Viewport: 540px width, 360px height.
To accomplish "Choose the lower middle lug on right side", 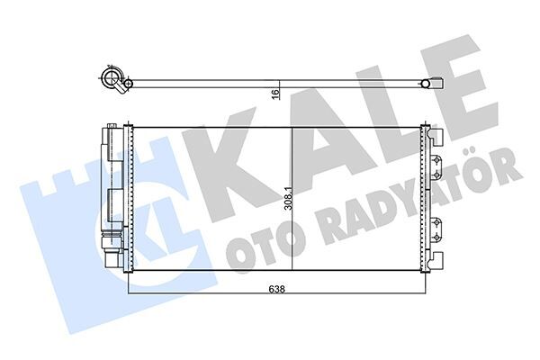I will point(436,228).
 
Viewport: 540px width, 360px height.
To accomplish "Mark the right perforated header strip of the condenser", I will point(426,197).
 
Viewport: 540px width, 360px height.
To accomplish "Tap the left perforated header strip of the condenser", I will point(128,197).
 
